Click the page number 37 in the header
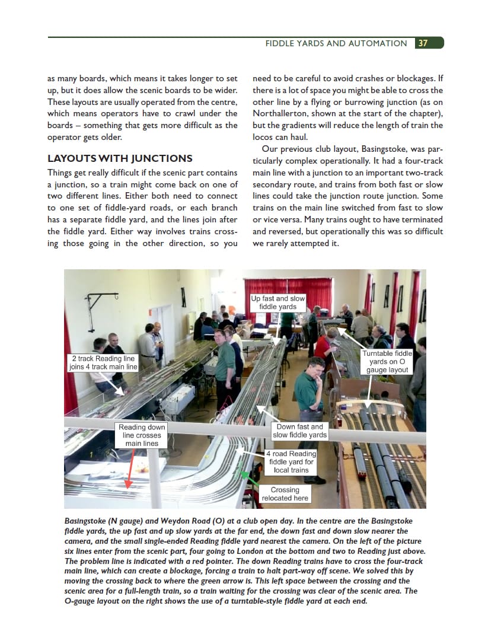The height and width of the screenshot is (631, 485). [423, 43]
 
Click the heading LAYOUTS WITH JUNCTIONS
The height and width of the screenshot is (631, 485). [120, 158]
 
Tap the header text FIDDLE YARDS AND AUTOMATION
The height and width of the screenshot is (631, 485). [336, 43]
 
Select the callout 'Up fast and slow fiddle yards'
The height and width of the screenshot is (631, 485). [277, 302]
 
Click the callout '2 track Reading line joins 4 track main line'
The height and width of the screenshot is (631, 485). [103, 363]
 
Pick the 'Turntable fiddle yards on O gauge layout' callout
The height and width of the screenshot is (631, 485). [387, 362]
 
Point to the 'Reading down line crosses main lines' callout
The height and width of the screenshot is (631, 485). [142, 435]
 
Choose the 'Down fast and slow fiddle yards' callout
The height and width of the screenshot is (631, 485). [299, 431]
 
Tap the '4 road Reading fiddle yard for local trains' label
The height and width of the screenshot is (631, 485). [291, 462]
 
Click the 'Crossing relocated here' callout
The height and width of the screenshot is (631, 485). [285, 494]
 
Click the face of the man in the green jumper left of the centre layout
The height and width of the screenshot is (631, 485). [219, 339]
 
